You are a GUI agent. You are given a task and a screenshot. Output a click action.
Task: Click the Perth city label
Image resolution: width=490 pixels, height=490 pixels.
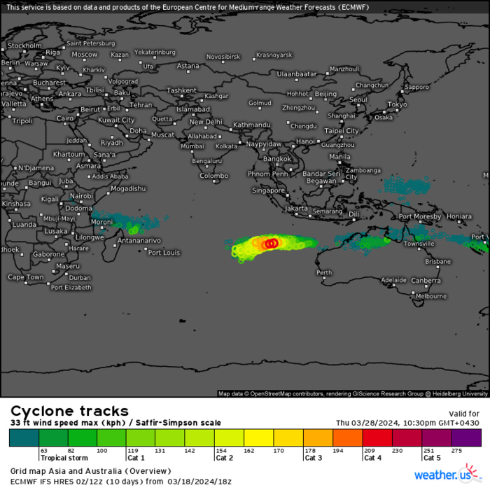324,272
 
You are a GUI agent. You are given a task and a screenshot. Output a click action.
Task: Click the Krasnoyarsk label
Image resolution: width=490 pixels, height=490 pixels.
274,55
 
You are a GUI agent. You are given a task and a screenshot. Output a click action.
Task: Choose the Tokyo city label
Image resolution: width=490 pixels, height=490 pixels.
397,104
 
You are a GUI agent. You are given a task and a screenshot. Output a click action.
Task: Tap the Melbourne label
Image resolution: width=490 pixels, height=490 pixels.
430,296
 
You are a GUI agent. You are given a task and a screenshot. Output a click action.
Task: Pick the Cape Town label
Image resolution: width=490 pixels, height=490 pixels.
26,277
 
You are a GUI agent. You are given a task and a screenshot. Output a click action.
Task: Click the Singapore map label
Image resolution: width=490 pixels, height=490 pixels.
269,190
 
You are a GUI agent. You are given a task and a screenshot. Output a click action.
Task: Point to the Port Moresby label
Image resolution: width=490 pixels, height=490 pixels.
420,216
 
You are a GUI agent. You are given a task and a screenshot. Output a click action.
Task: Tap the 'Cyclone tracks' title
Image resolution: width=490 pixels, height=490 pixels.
69,411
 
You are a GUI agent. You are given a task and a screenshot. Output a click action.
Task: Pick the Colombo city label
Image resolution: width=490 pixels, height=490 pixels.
213,176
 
